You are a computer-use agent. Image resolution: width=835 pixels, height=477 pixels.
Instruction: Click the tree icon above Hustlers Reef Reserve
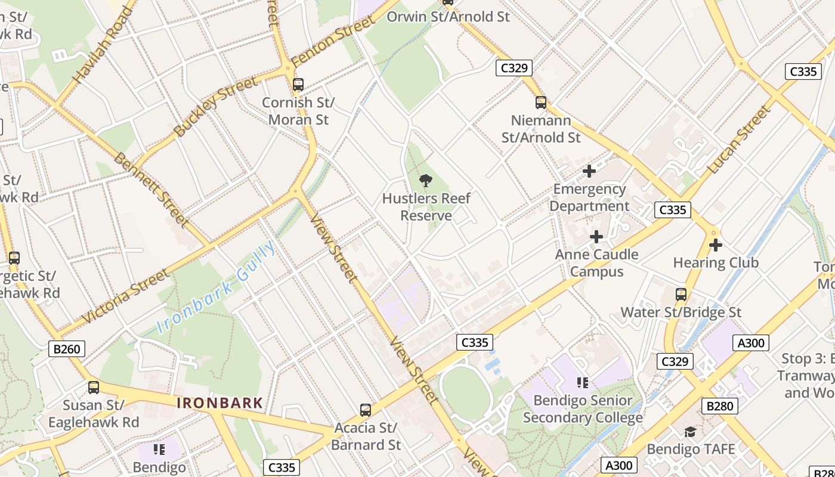425,181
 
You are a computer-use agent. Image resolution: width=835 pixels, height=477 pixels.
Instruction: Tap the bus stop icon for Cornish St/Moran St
298,85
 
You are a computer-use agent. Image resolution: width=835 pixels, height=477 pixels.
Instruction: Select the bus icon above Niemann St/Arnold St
541,103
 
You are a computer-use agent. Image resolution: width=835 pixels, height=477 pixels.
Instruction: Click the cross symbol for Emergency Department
589,172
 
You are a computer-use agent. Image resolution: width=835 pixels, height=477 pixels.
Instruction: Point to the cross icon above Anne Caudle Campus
596,237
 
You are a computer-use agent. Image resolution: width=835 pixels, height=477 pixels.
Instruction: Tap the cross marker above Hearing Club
716,245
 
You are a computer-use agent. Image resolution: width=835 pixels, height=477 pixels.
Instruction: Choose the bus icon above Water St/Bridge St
681,295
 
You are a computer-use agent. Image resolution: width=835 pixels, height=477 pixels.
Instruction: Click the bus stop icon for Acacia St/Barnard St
366,410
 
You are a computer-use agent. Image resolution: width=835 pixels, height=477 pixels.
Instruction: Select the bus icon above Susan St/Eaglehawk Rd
94,388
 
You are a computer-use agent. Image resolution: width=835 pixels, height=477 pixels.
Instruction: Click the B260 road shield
66,349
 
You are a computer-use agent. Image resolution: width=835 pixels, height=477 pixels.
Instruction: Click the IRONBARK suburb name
219,403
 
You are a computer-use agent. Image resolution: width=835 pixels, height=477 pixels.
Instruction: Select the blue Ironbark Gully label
217,287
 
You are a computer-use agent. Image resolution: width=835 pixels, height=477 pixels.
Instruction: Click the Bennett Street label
151,190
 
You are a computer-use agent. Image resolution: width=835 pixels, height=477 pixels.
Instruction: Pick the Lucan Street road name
738,140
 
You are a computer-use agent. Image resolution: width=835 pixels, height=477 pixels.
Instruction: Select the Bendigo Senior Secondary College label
583,409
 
